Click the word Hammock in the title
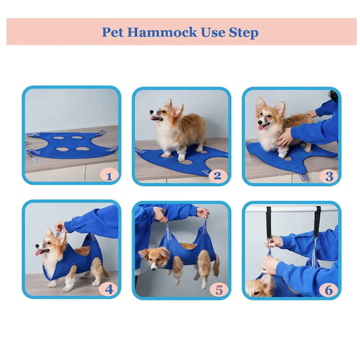(162, 32)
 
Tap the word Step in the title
(244, 32)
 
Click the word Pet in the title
(113, 32)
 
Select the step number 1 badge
(109, 176)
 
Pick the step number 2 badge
(217, 176)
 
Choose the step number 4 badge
(109, 289)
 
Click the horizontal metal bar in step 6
(292, 208)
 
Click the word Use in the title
(213, 32)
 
